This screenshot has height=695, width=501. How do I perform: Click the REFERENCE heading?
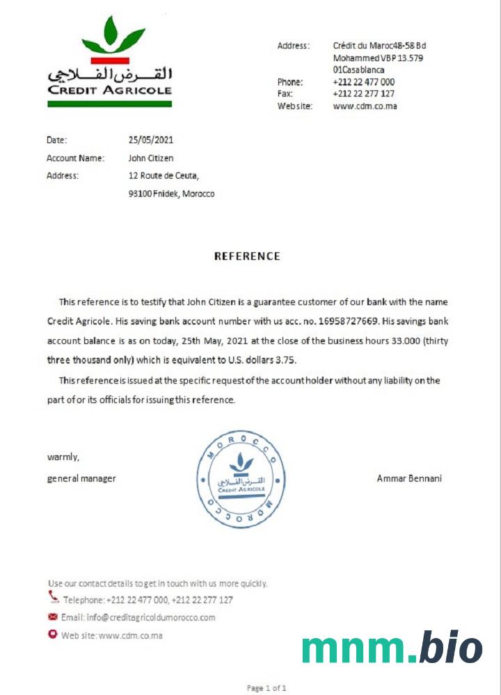pos(247,256)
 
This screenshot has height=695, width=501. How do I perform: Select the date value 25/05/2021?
pos(151,140)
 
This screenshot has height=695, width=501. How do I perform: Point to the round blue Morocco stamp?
pos(241,479)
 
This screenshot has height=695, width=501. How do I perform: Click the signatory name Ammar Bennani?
pos(409,478)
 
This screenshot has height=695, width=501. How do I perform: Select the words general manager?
pos(81,478)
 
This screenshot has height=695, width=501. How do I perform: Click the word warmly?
pos(63,457)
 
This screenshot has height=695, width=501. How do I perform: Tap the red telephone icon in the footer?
pos(54,597)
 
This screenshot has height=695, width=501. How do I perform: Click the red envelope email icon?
pos(53,616)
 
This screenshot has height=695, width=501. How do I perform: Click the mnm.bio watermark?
pos(392,648)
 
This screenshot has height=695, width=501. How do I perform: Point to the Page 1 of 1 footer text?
pos(267,688)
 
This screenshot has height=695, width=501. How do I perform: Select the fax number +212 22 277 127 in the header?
pos(363,94)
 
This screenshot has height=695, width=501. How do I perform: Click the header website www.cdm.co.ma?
pos(365,106)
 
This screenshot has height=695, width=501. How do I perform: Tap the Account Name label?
pos(75,158)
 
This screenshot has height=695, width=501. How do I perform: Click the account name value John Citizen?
pos(151,158)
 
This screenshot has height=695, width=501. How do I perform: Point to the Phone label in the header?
pos(290,82)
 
